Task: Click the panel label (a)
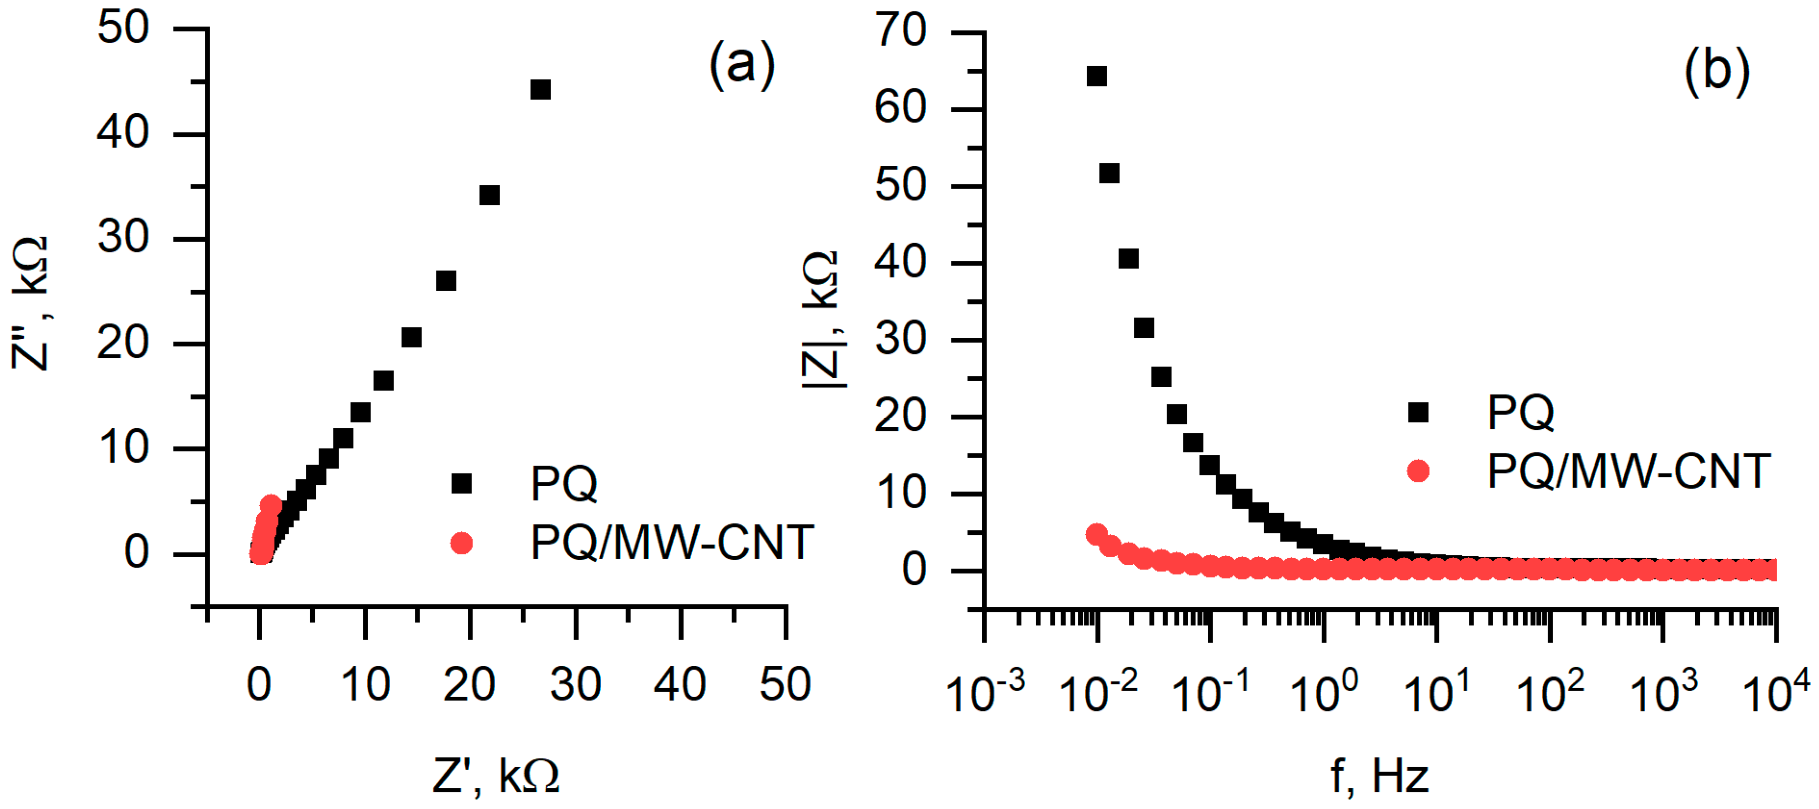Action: [741, 65]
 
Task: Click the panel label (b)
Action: [1716, 71]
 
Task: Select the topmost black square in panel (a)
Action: [540, 89]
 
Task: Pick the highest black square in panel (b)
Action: [1096, 76]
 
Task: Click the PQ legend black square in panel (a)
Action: [461, 484]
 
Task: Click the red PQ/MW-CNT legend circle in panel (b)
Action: [1418, 471]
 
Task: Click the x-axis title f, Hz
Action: [1380, 776]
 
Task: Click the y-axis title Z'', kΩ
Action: [30, 304]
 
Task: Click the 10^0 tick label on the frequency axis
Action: [1323, 691]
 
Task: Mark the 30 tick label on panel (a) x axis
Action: [576, 684]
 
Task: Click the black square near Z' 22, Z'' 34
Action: [489, 195]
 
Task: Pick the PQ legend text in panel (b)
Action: [1520, 412]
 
